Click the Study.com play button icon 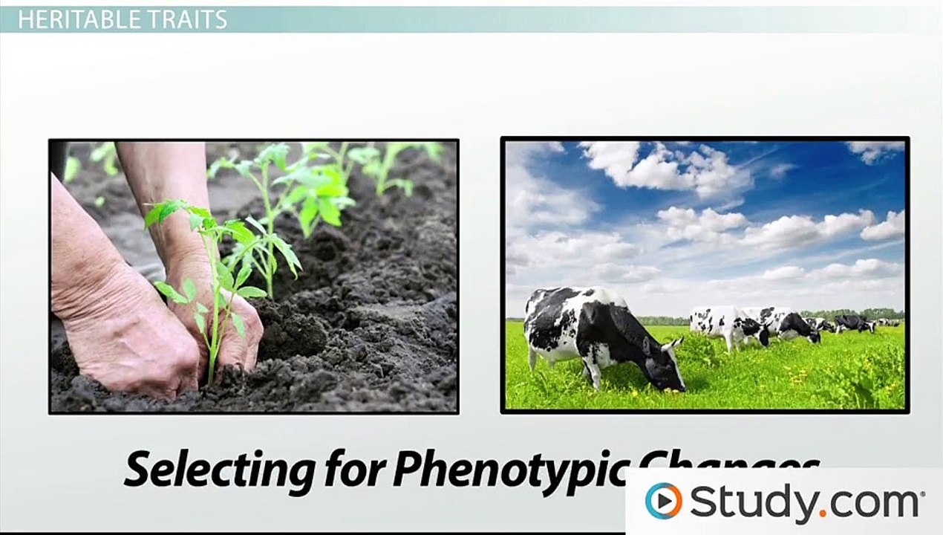coord(663,500)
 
